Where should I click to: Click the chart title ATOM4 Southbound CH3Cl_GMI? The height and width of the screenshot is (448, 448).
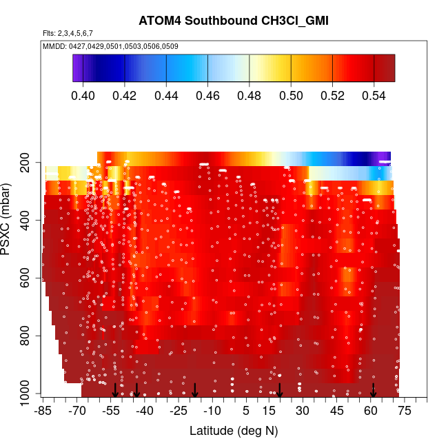(233, 21)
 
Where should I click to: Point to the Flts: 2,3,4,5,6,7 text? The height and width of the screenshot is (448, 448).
(68, 33)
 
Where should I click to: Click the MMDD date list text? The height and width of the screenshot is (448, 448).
(101, 46)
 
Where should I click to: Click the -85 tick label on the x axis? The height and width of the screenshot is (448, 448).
(43, 411)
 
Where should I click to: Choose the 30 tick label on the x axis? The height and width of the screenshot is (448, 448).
(303, 411)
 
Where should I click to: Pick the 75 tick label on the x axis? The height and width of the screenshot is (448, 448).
(404, 411)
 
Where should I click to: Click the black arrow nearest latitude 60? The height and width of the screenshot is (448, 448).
(373, 391)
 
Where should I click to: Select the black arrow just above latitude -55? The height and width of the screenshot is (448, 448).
(116, 391)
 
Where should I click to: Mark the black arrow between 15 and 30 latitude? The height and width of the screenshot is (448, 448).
(280, 391)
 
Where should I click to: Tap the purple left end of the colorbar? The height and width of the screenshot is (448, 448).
(77, 68)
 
